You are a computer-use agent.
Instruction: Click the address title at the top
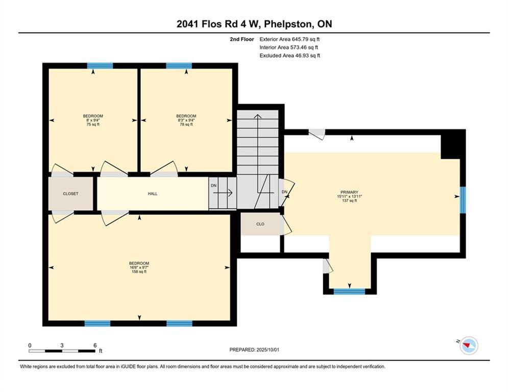(254, 24)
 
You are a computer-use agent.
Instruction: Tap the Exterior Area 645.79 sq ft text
(289, 39)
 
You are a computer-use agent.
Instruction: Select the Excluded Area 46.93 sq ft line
(289, 56)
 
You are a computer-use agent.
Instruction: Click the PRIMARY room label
(349, 192)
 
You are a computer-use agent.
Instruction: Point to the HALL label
(153, 194)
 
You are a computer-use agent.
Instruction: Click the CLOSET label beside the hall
(70, 194)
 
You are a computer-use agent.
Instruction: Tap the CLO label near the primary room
(260, 224)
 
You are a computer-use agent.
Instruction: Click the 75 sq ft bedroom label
(93, 124)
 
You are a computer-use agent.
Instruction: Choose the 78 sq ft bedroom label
(186, 124)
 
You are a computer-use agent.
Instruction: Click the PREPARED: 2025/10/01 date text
(254, 350)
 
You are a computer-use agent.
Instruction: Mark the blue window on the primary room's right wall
(463, 200)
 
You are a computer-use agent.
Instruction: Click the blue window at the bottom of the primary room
(349, 291)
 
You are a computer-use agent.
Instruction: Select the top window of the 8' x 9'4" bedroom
(100, 65)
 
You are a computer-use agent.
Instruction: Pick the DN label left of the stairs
(213, 185)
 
